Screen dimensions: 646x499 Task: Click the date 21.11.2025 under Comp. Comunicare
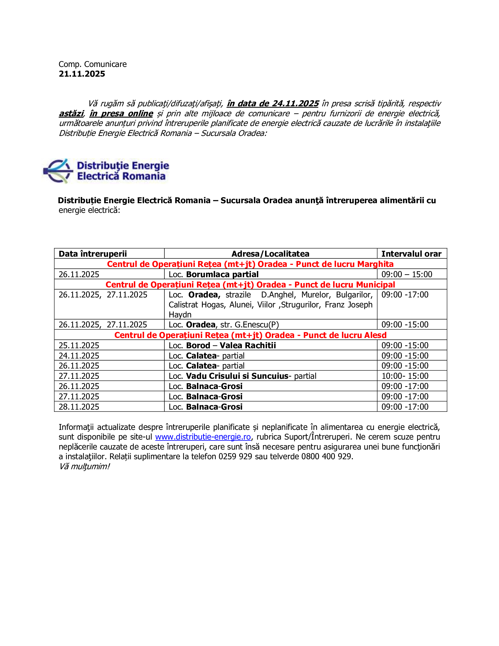82,74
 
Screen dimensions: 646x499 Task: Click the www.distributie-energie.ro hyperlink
203,437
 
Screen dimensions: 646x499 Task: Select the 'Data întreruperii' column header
93,254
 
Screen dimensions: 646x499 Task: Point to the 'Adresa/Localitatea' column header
270,254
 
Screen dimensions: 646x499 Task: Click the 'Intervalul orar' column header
411,254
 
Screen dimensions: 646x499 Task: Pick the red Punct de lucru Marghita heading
250,264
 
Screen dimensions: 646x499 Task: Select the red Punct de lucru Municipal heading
250,285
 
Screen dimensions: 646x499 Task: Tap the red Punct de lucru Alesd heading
250,335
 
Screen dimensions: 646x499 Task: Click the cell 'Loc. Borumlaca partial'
213,275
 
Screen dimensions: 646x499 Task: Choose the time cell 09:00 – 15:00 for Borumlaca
407,275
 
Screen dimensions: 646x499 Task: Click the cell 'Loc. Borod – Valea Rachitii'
222,346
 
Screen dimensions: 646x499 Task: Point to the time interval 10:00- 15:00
405,376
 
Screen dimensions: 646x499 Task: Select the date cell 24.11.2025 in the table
79,356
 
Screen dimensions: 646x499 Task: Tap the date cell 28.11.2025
79,407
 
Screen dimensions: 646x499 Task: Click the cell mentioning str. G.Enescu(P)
223,325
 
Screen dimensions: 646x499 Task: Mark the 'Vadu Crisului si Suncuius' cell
242,376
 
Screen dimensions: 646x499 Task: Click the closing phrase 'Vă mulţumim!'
84,467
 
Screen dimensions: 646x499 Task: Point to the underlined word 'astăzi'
71,114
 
